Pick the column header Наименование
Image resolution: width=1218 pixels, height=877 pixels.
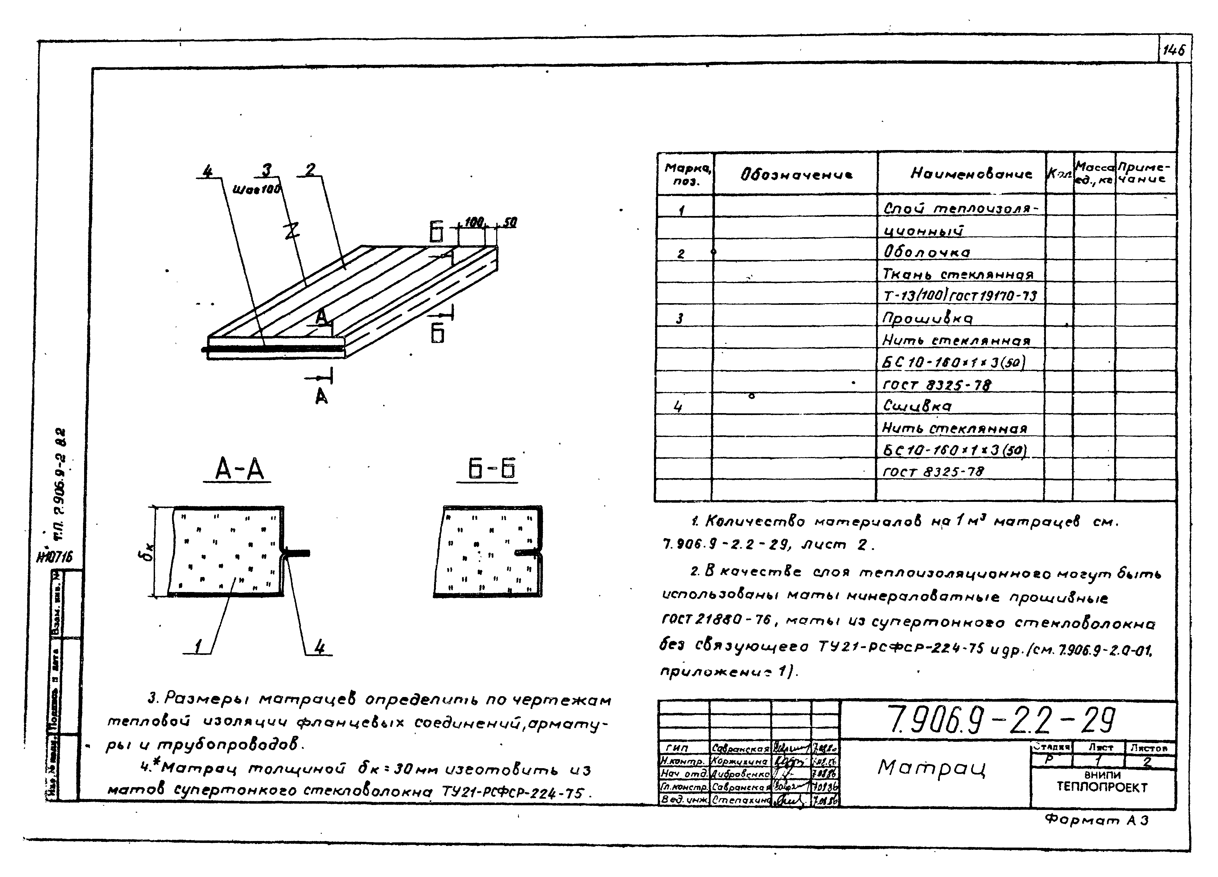[971, 173]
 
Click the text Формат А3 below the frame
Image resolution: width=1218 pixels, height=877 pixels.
[1096, 820]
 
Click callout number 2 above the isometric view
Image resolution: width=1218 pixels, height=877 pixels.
[310, 170]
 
